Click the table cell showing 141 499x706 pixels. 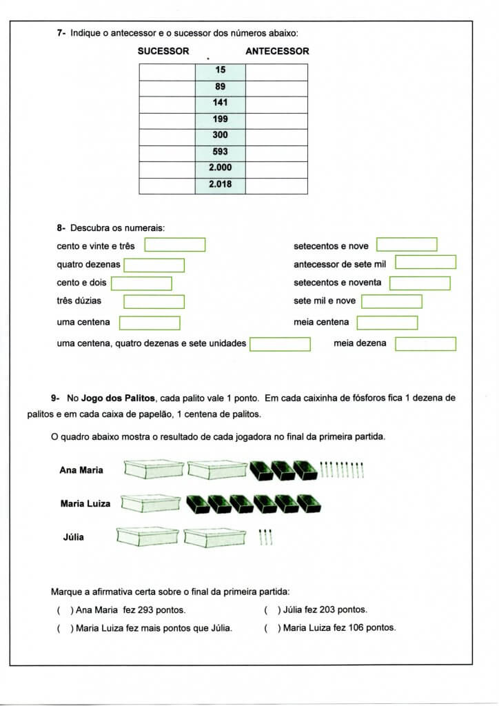click(x=220, y=103)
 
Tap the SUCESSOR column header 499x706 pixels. click(x=163, y=51)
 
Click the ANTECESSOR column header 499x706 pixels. click(x=277, y=51)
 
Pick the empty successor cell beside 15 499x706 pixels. click(x=167, y=70)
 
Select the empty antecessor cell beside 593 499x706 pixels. click(x=276, y=152)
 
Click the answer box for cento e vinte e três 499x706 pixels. click(x=174, y=245)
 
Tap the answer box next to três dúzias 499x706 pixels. click(x=154, y=301)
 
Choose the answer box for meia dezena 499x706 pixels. click(x=425, y=343)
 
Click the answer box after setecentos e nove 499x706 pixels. click(x=407, y=245)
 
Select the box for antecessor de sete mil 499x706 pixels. click(x=425, y=262)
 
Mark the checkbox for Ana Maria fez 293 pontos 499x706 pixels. click(x=63, y=610)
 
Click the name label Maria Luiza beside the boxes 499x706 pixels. click(x=85, y=504)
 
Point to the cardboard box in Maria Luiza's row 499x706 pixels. click(x=150, y=503)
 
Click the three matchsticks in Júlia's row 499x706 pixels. click(x=266, y=536)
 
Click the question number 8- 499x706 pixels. click(x=61, y=228)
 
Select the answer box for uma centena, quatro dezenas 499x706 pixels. click(x=280, y=343)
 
